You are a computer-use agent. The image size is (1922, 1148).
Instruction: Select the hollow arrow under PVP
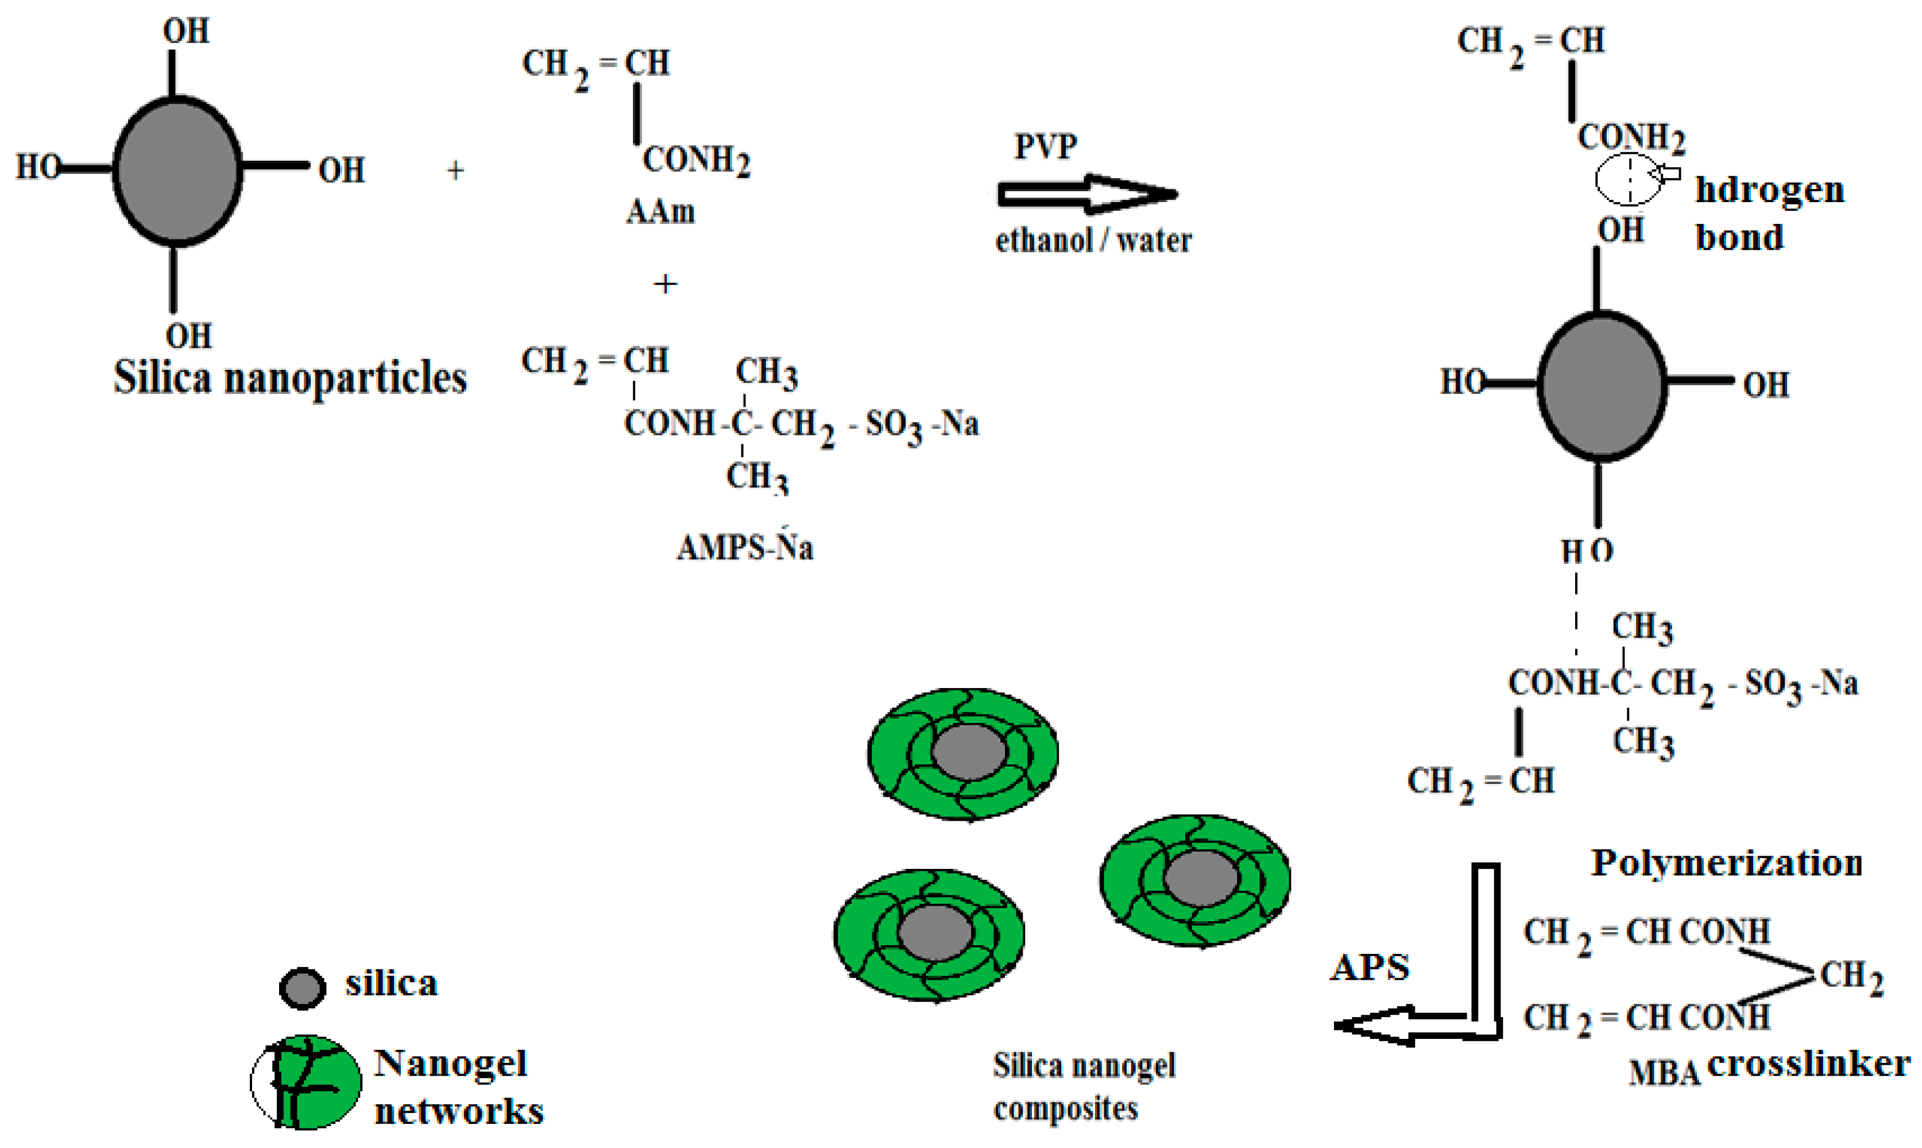[x=1086, y=194]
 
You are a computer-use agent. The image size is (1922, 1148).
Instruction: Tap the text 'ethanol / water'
[x=1093, y=241]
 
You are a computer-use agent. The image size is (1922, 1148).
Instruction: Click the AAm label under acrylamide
[x=660, y=211]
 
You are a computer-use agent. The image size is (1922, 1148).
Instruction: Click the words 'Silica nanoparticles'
[x=290, y=378]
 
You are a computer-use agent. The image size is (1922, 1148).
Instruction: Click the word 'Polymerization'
[x=1726, y=863]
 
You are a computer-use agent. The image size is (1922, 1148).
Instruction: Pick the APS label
[x=1370, y=968]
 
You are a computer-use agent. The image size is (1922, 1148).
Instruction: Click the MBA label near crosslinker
[x=1664, y=1073]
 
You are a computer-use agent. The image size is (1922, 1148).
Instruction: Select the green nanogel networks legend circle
[x=306, y=1081]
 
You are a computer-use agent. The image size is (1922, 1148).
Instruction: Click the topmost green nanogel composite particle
[x=963, y=753]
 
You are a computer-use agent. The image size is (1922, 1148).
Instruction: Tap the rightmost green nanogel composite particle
[x=1195, y=880]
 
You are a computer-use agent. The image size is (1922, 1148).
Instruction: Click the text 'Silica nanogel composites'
[x=1083, y=1086]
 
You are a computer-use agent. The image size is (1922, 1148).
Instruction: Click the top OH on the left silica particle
[x=185, y=31]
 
